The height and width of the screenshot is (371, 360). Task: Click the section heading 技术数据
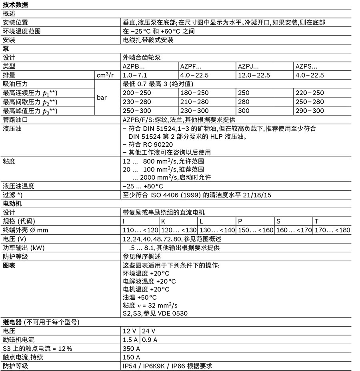coord(15,5)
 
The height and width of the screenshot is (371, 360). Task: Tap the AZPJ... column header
coord(248,66)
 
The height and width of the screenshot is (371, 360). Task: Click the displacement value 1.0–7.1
coord(135,75)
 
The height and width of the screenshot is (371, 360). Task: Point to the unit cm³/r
coord(105,75)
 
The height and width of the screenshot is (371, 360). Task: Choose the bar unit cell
coord(102,97)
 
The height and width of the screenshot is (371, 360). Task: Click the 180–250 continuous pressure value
coord(195,93)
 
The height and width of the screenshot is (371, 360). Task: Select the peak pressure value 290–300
coord(310,111)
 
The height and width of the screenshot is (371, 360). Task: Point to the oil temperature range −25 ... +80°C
coord(143,186)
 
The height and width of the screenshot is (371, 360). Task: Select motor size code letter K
coord(163,221)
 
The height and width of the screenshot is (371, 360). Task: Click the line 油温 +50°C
coord(140,297)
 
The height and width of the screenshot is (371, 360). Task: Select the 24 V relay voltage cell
coord(148,331)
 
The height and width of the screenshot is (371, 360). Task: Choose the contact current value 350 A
coord(132,349)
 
